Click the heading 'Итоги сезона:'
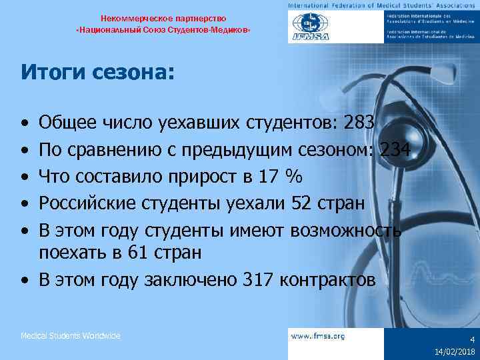click(97, 71)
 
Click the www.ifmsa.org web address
click(318, 336)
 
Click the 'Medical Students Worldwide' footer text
click(71, 336)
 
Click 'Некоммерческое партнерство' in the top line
click(164, 18)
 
